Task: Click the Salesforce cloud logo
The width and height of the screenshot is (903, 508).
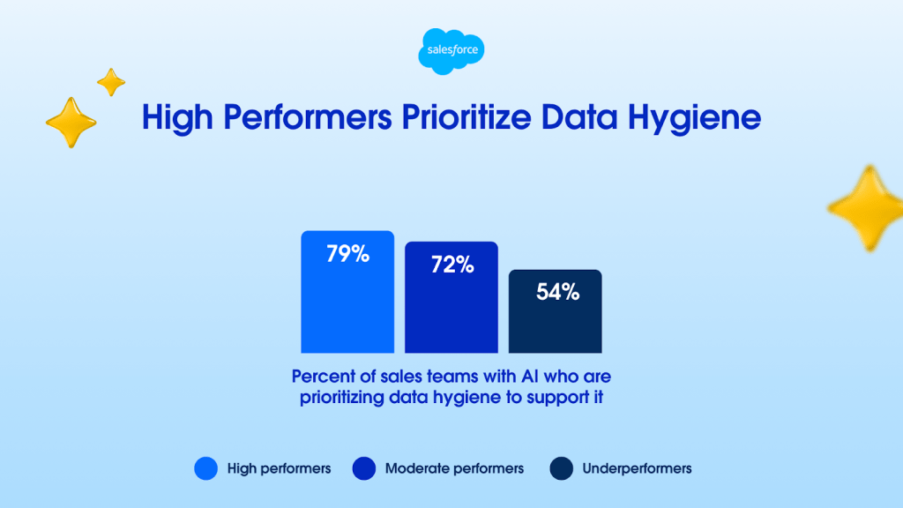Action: point(451,51)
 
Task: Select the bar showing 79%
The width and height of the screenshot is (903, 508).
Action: point(347,292)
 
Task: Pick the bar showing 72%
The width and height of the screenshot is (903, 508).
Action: point(451,297)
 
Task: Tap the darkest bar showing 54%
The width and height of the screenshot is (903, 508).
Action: point(556,311)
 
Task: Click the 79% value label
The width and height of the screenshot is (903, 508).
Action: point(347,254)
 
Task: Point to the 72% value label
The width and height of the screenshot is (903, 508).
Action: point(452,265)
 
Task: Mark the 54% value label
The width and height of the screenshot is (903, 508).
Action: point(557,292)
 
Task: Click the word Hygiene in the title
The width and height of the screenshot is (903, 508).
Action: point(695,119)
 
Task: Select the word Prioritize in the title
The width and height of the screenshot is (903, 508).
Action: point(466,117)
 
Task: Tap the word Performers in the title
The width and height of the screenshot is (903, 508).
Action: point(308,117)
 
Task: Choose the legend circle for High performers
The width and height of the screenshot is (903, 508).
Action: point(205,468)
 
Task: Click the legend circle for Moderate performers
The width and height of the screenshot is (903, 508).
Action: point(364,468)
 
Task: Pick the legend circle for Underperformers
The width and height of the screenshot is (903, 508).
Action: point(562,468)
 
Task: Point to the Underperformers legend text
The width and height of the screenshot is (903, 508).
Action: point(637,469)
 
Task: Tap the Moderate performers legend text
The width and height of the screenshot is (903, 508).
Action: point(454,469)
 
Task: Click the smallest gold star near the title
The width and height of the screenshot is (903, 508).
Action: point(111,82)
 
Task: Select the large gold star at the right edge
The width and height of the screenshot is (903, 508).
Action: point(866,208)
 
